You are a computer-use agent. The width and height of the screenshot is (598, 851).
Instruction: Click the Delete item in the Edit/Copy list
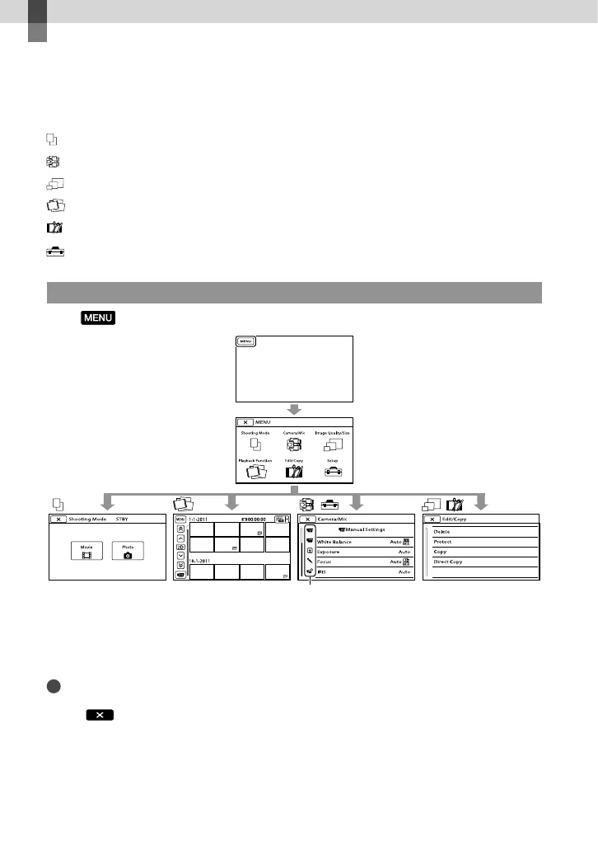pyautogui.click(x=442, y=532)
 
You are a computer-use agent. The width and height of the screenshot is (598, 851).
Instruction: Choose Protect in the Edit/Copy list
pyautogui.click(x=443, y=543)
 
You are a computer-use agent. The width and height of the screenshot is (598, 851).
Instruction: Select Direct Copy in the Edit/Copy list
pyautogui.click(x=450, y=561)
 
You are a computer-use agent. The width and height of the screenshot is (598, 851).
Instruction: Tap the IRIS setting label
pyautogui.click(x=323, y=571)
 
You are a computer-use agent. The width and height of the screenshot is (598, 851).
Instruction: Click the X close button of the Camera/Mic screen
pyautogui.click(x=307, y=520)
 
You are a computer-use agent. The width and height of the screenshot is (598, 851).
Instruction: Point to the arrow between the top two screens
pyautogui.click(x=294, y=408)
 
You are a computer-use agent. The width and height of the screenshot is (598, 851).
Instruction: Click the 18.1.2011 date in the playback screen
pyautogui.click(x=201, y=558)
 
